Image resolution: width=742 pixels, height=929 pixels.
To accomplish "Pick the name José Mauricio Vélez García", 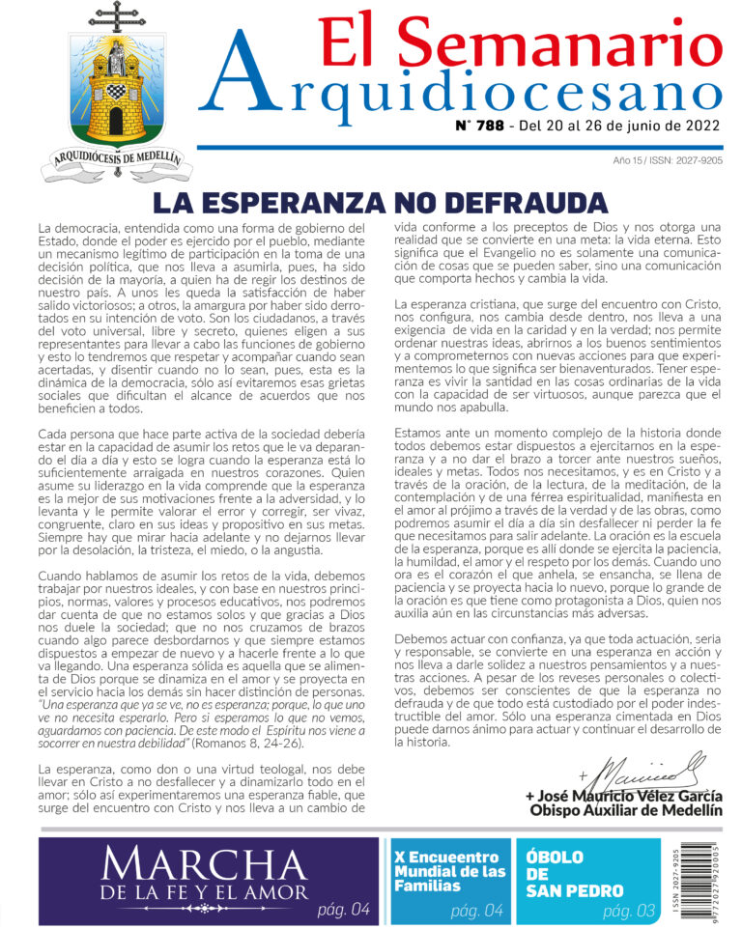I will click(x=623, y=795).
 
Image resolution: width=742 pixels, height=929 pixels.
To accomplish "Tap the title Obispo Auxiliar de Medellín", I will click(x=626, y=810).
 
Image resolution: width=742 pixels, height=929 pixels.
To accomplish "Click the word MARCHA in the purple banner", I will click(x=205, y=861).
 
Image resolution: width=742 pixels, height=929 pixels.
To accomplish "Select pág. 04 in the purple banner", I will click(x=343, y=909).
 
